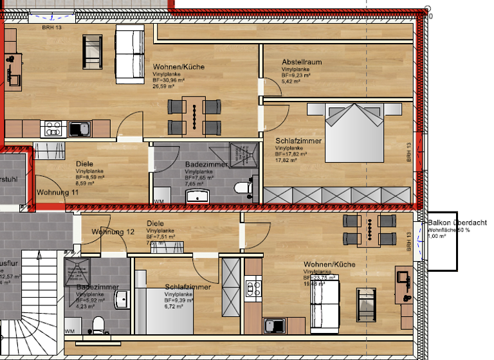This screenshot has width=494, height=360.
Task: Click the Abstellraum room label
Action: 302,62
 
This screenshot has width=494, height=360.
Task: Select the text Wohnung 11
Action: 57,192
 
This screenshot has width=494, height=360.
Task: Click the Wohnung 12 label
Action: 113,231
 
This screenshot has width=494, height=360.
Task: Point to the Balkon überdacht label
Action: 457,223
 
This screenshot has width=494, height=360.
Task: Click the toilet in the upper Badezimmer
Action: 242,188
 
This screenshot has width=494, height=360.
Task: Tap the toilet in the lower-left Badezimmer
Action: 98,323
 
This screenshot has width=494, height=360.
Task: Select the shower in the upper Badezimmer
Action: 244,155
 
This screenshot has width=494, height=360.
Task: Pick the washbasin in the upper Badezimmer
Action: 196,195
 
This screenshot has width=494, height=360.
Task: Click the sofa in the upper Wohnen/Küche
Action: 129,54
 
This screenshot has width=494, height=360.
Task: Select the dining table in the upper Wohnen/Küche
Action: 194,116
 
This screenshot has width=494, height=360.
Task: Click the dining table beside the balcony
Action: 369,231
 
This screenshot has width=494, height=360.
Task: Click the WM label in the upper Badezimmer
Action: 159,201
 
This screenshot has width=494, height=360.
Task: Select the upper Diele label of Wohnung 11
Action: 84,164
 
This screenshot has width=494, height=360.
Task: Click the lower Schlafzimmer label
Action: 187,287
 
